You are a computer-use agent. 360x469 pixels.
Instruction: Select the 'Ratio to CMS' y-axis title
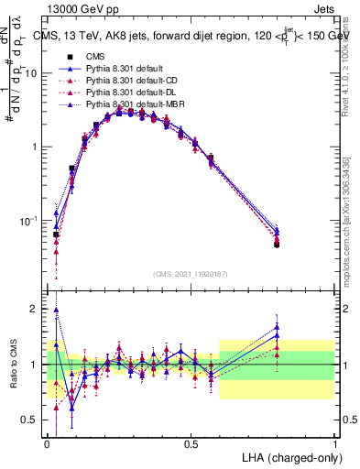12,364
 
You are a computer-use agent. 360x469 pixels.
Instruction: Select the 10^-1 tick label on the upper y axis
30,221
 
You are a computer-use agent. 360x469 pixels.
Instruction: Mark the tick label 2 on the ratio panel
37,310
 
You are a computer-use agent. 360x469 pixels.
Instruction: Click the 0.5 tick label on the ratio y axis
33,420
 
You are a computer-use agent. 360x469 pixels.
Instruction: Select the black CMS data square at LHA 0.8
277,245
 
